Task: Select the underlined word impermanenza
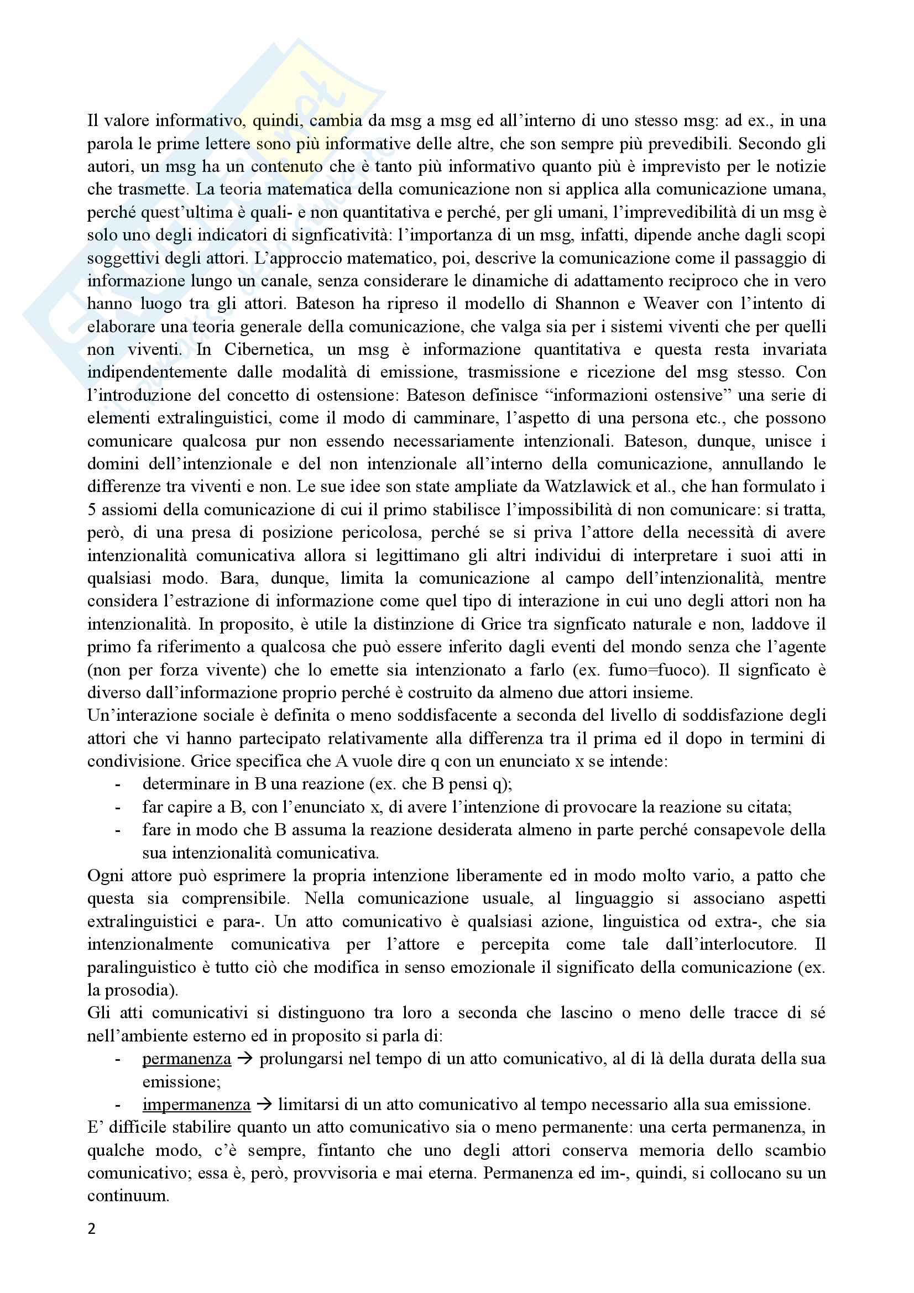(x=196, y=1104)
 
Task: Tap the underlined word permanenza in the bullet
(x=186, y=1059)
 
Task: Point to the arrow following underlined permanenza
(x=244, y=1059)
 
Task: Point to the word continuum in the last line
(x=128, y=1196)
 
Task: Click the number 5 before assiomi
(x=92, y=510)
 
